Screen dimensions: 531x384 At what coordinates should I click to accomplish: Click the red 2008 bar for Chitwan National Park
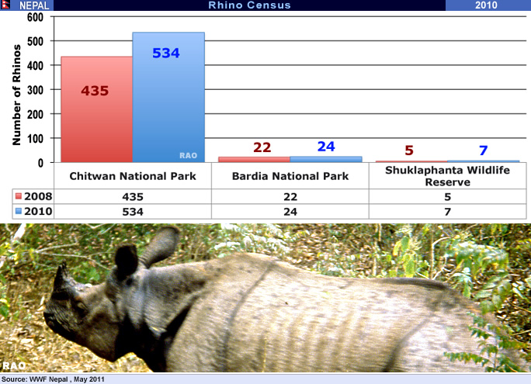(x=96, y=109)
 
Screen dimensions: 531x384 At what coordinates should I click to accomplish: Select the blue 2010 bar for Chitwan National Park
(x=168, y=97)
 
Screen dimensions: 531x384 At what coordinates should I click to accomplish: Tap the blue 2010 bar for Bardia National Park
(x=326, y=159)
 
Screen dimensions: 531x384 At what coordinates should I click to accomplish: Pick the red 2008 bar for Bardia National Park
(x=254, y=160)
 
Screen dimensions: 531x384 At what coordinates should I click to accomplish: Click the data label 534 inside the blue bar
(x=166, y=53)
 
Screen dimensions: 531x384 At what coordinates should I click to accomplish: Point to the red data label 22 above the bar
(x=262, y=147)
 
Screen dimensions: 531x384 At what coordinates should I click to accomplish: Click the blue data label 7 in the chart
(x=483, y=150)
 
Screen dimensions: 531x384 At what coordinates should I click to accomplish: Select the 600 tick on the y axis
(x=35, y=17)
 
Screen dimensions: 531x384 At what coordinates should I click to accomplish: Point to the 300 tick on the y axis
(x=35, y=90)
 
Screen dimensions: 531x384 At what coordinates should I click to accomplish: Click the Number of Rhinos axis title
(x=16, y=95)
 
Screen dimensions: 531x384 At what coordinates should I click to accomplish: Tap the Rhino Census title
(x=249, y=5)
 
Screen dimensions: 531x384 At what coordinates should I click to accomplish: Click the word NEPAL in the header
(x=34, y=5)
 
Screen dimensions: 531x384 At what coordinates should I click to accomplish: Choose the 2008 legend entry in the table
(x=33, y=196)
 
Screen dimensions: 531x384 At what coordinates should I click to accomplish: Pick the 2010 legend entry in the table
(x=33, y=211)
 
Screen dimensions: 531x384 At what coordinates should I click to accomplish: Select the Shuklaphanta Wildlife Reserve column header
(x=447, y=176)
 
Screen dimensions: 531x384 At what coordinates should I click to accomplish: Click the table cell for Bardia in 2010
(x=290, y=212)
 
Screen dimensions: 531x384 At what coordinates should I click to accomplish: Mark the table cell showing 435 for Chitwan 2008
(x=133, y=196)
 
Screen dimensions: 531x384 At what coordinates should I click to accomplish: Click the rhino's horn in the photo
(x=61, y=278)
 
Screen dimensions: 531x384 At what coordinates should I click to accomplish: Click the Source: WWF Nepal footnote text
(x=53, y=379)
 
